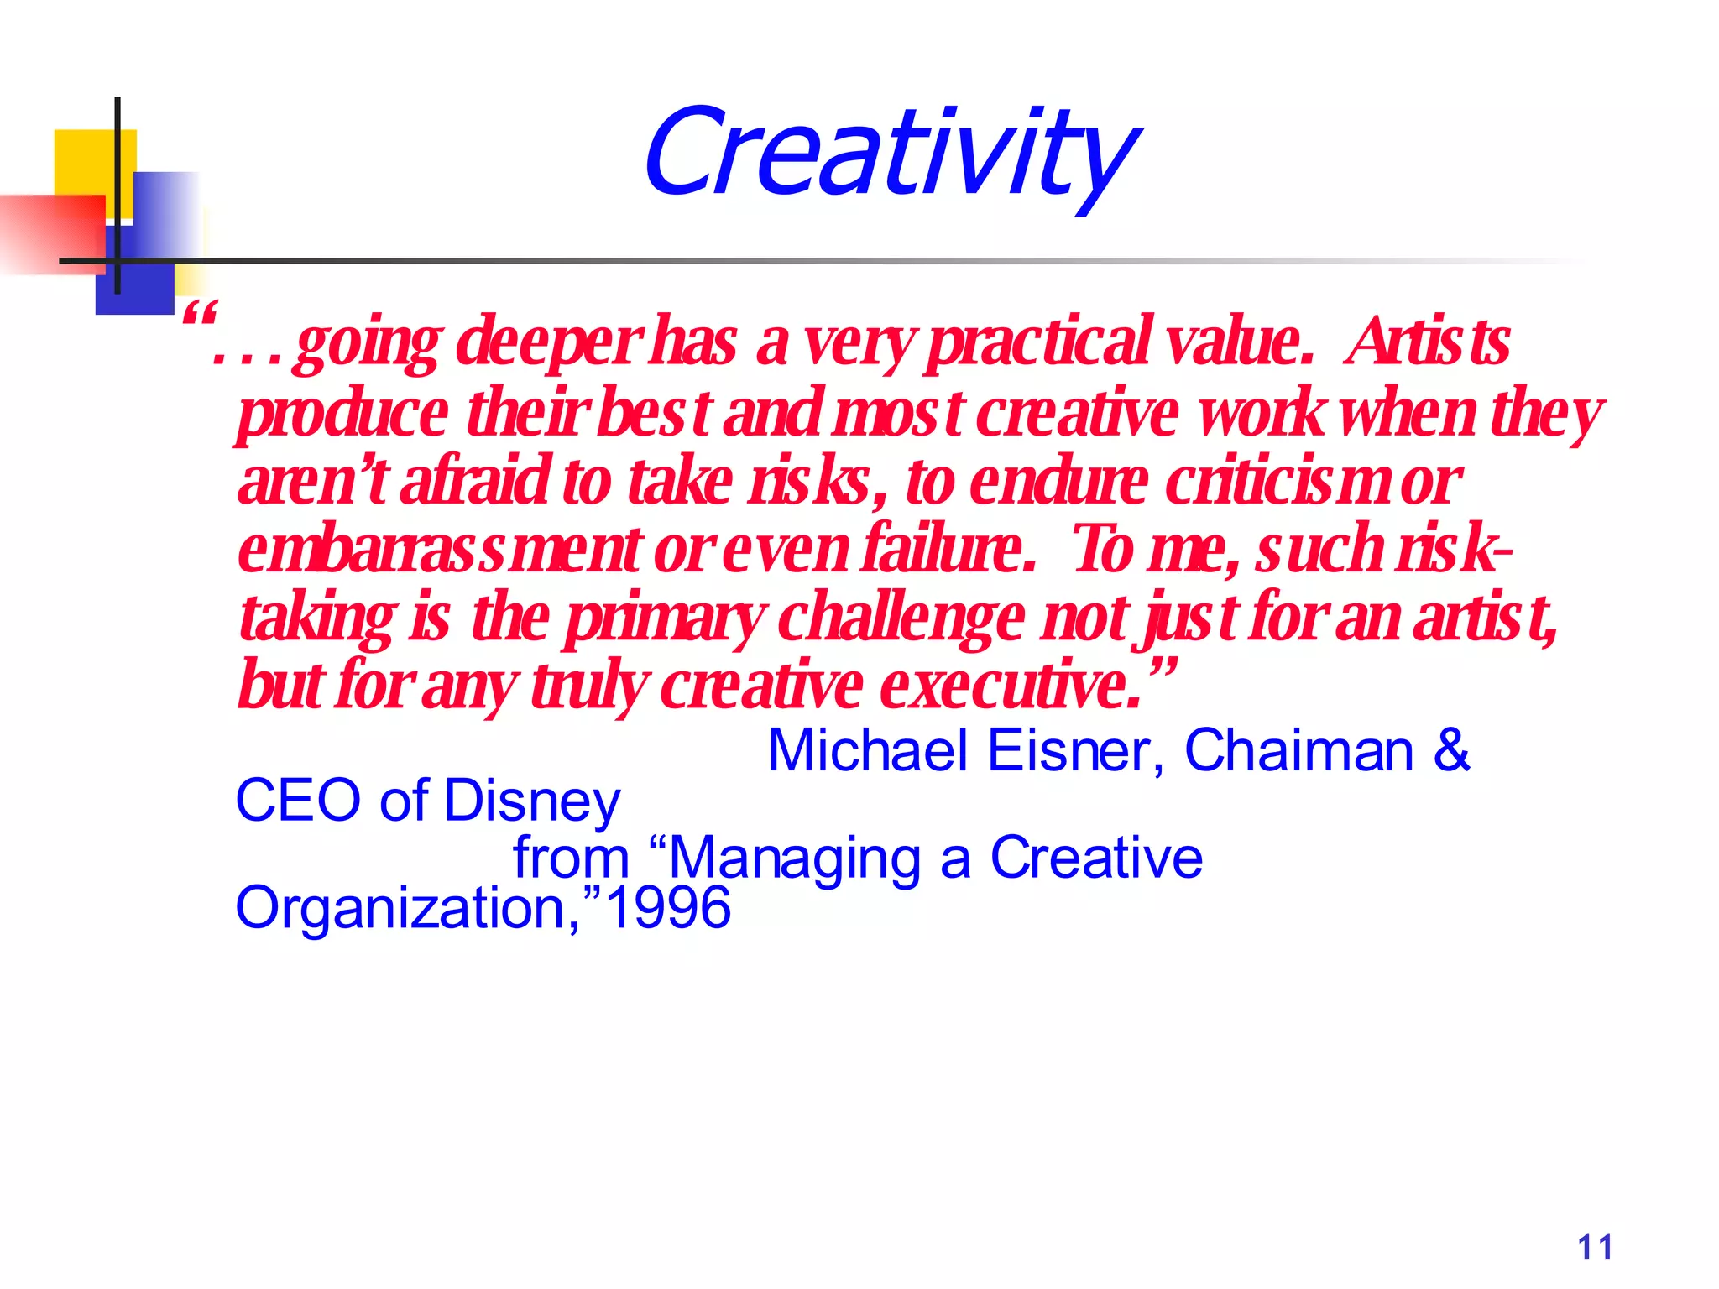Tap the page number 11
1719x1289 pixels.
pos(1595,1247)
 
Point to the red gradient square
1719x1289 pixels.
pos(50,233)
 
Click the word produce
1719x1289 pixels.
pos(342,415)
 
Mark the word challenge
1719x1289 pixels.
pos(902,619)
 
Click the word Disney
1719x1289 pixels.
pos(531,801)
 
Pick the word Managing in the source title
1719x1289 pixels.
pos(795,859)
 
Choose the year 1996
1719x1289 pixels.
pos(668,908)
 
